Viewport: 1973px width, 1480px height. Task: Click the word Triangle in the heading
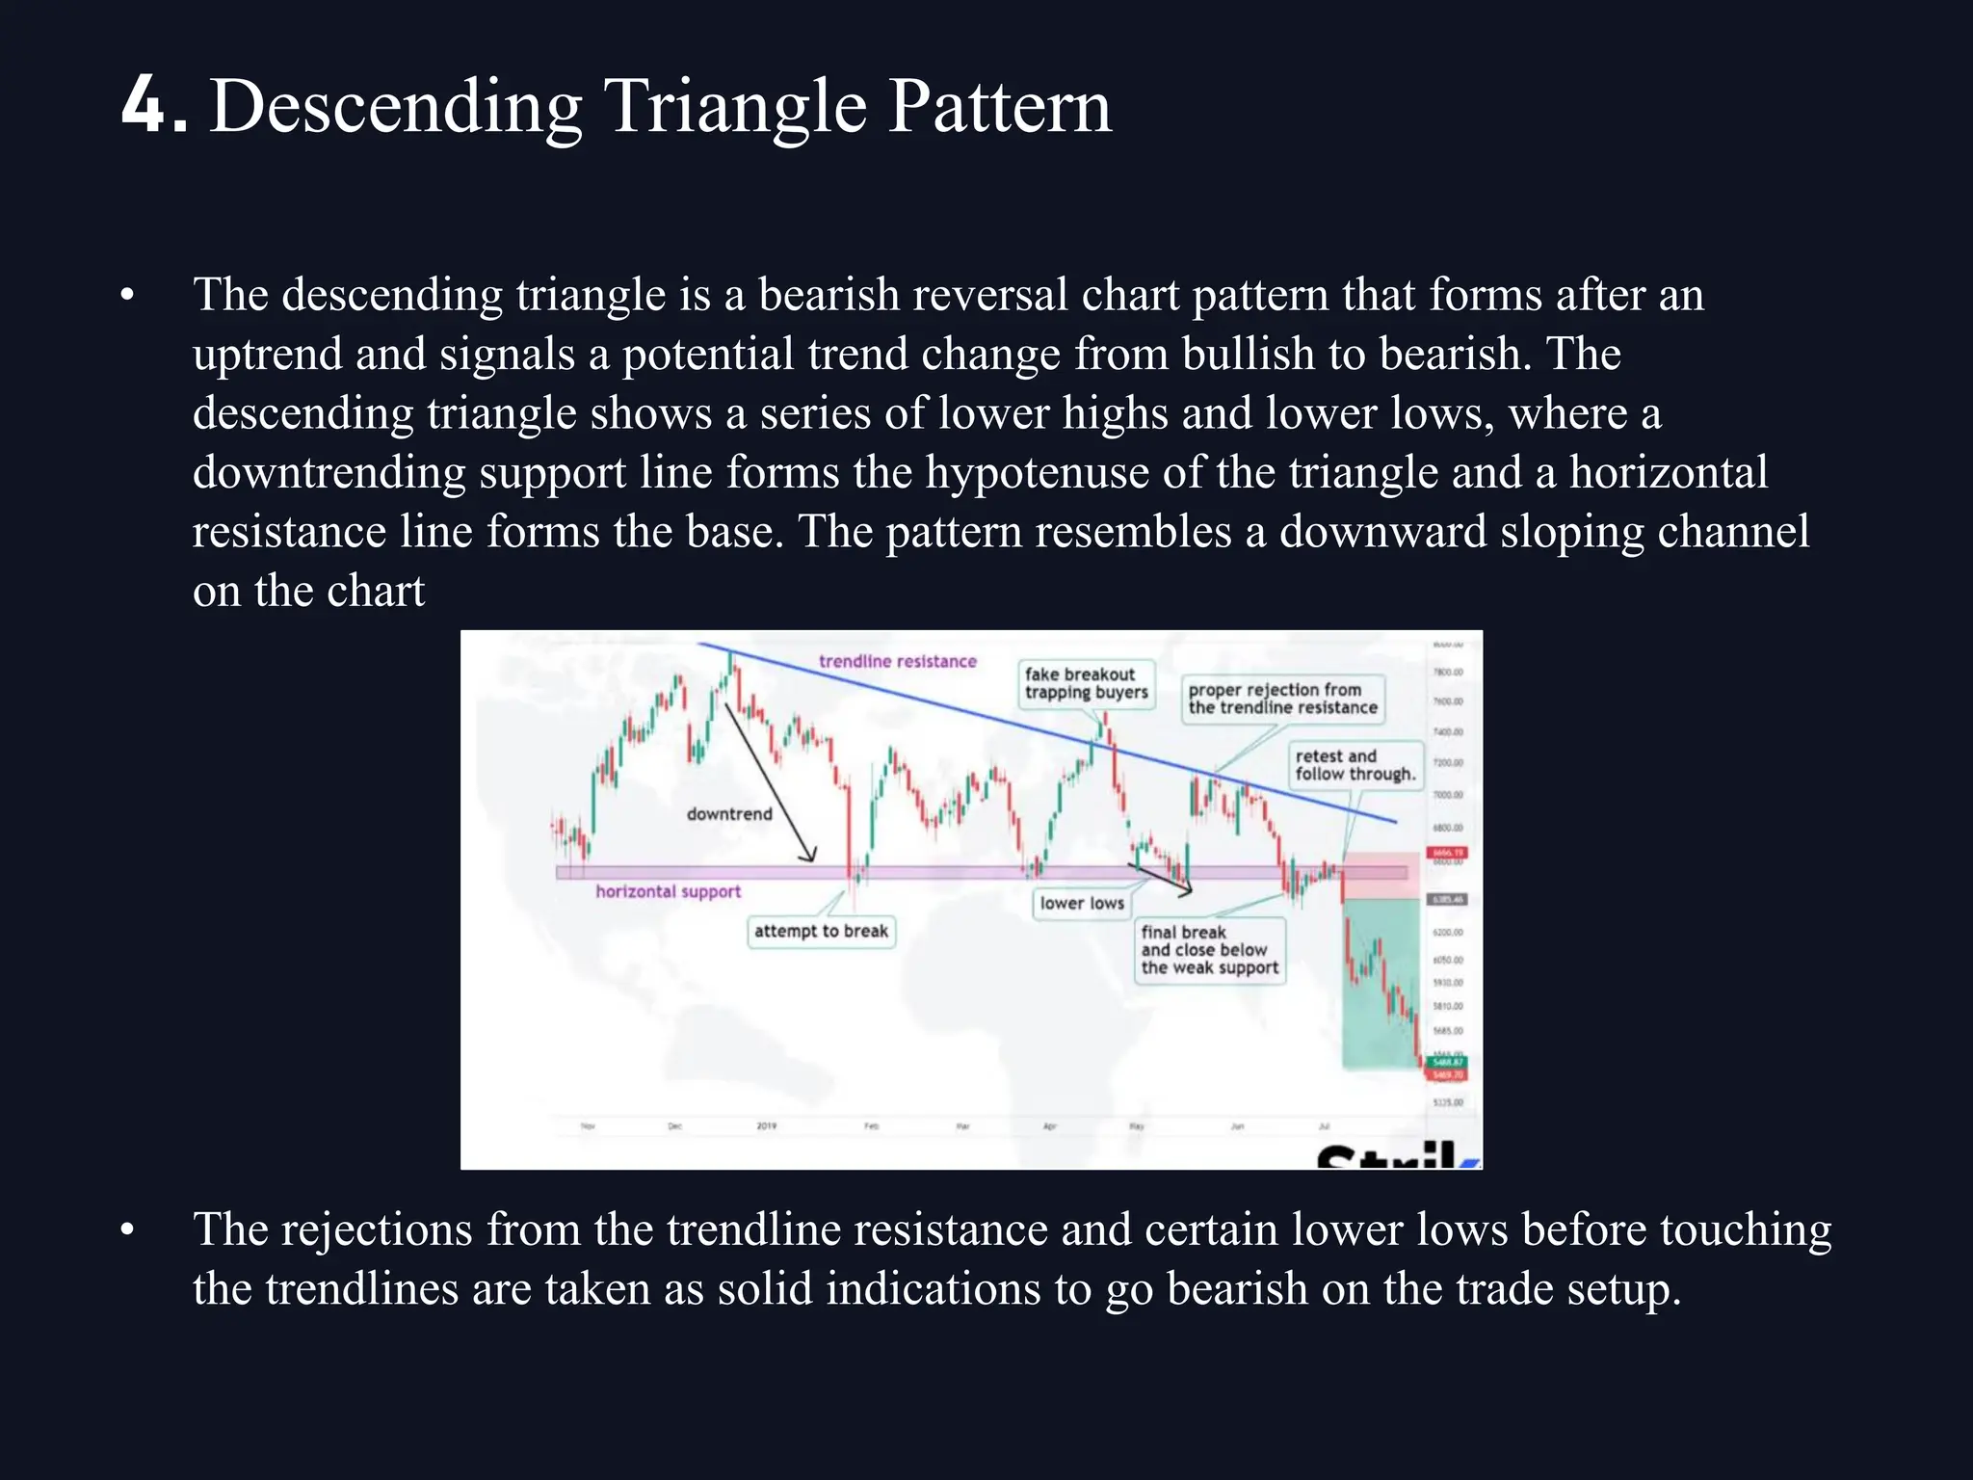tap(735, 107)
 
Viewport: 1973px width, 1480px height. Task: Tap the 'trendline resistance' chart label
tap(897, 661)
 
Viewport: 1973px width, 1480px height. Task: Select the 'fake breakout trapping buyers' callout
tap(1086, 683)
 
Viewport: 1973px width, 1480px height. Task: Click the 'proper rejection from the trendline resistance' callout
tap(1281, 699)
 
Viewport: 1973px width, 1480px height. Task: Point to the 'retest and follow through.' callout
tap(1355, 765)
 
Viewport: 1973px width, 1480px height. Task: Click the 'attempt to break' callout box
tap(821, 932)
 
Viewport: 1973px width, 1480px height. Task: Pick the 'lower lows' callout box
tap(1081, 904)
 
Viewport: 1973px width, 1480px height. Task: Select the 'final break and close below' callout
tap(1209, 950)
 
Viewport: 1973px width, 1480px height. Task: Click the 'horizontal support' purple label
tap(668, 892)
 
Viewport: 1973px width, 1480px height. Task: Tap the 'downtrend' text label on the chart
tap(729, 814)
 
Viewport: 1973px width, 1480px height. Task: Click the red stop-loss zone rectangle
tap(1380, 876)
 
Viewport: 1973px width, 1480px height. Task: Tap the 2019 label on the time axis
tap(766, 1125)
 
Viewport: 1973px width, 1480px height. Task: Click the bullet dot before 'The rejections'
tap(127, 1230)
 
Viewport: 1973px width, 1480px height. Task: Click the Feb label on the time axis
tap(871, 1125)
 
